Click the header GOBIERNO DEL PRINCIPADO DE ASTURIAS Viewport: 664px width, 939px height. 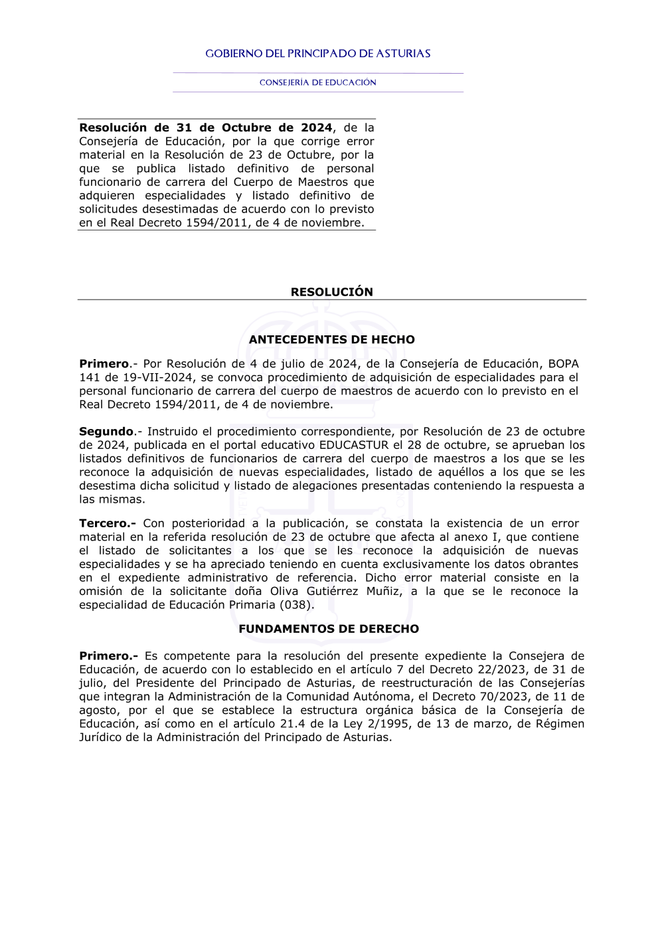coord(317,54)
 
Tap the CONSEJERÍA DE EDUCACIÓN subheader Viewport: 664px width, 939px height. coord(317,82)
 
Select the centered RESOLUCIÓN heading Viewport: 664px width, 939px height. coord(331,292)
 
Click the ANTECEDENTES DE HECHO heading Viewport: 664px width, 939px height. coord(331,339)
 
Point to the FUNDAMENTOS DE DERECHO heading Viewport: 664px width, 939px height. coord(329,629)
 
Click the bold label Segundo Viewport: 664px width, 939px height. coord(106,432)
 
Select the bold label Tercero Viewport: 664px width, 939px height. coord(107,523)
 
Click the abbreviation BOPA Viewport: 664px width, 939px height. coord(563,364)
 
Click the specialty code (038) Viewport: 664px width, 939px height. coord(297,605)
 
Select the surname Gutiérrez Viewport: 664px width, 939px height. coord(331,591)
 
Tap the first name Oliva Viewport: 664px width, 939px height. coord(284,591)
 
